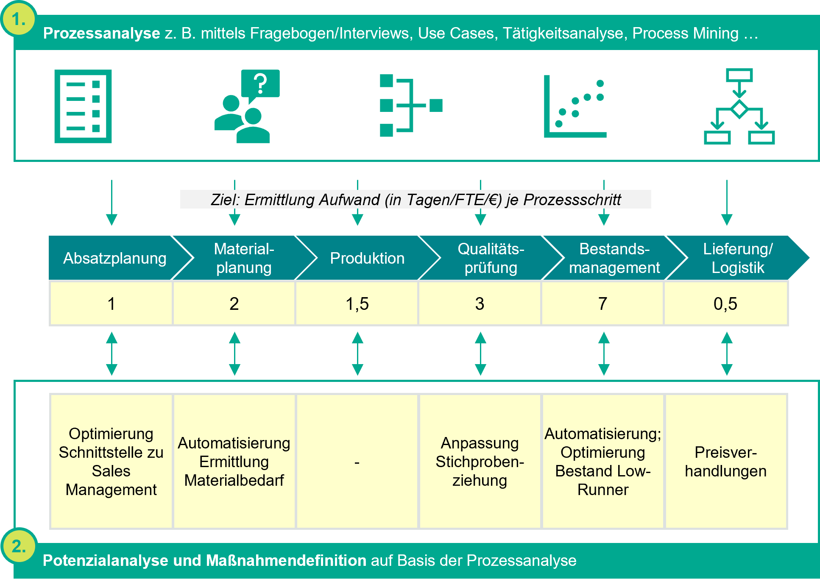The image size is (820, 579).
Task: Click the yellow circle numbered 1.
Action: click(x=19, y=19)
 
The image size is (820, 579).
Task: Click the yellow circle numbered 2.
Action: click(x=19, y=546)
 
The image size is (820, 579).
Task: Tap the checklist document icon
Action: click(x=83, y=106)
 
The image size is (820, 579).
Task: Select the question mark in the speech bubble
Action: click(x=260, y=84)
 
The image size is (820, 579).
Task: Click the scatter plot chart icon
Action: click(x=575, y=106)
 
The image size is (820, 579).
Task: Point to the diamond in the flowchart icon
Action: click(x=739, y=109)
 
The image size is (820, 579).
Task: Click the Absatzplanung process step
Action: click(x=114, y=258)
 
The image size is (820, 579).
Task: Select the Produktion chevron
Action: click(x=367, y=258)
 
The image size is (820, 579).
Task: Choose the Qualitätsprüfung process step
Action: click(x=491, y=258)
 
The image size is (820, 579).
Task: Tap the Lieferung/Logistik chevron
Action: click(x=737, y=258)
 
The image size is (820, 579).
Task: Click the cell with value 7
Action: click(x=602, y=304)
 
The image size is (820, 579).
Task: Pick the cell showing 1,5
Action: click(x=357, y=304)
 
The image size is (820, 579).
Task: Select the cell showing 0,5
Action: click(x=725, y=304)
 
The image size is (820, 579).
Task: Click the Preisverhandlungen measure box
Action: click(x=725, y=462)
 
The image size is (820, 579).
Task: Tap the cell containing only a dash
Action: click(x=357, y=462)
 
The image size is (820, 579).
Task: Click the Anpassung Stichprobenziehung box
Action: click(x=480, y=462)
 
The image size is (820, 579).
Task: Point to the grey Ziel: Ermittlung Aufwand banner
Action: click(x=416, y=199)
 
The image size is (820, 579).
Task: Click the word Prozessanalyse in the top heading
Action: click(x=101, y=33)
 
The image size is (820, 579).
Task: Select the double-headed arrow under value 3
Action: click(x=480, y=354)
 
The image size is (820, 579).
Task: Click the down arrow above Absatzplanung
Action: click(x=112, y=203)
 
